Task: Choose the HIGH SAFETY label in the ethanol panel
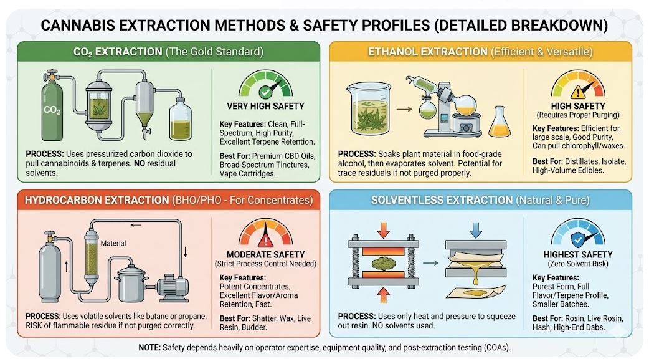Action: pyautogui.click(x=578, y=106)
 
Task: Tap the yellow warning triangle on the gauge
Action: pyautogui.click(x=578, y=92)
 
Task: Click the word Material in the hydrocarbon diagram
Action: pyautogui.click(x=113, y=243)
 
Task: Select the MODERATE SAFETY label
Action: pyautogui.click(x=266, y=254)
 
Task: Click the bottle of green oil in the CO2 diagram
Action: pyautogui.click(x=181, y=121)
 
